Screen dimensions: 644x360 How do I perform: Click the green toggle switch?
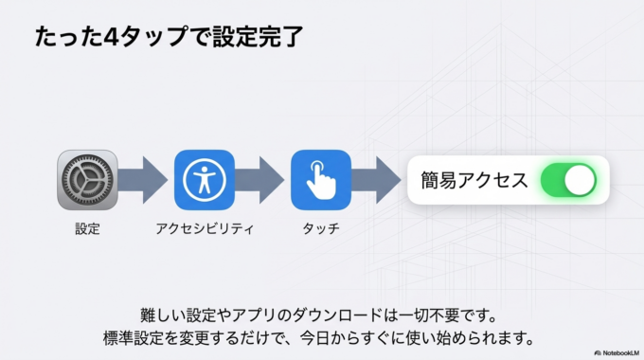tap(567, 180)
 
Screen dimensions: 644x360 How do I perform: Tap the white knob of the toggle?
tap(579, 180)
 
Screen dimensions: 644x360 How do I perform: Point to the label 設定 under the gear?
tap(87, 229)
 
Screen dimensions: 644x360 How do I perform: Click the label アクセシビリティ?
tap(204, 229)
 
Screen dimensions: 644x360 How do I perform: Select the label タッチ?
tap(321, 229)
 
